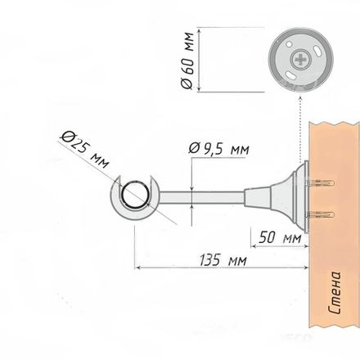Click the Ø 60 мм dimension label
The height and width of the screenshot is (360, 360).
pos(187,61)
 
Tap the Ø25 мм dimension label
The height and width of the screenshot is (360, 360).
pos(84,150)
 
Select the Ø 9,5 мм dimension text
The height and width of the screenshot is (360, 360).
pos(218,149)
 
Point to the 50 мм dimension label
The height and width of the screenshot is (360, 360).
pos(280,237)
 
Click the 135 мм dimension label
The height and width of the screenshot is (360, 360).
pos(223,260)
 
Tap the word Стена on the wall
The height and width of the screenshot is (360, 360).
pos(335,292)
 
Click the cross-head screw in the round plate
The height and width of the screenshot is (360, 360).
pos(300,59)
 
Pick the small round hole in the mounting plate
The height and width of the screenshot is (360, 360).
pos(289,44)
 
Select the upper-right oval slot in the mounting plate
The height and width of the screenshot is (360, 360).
pos(317,51)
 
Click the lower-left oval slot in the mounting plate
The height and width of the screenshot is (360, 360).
pos(290,75)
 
